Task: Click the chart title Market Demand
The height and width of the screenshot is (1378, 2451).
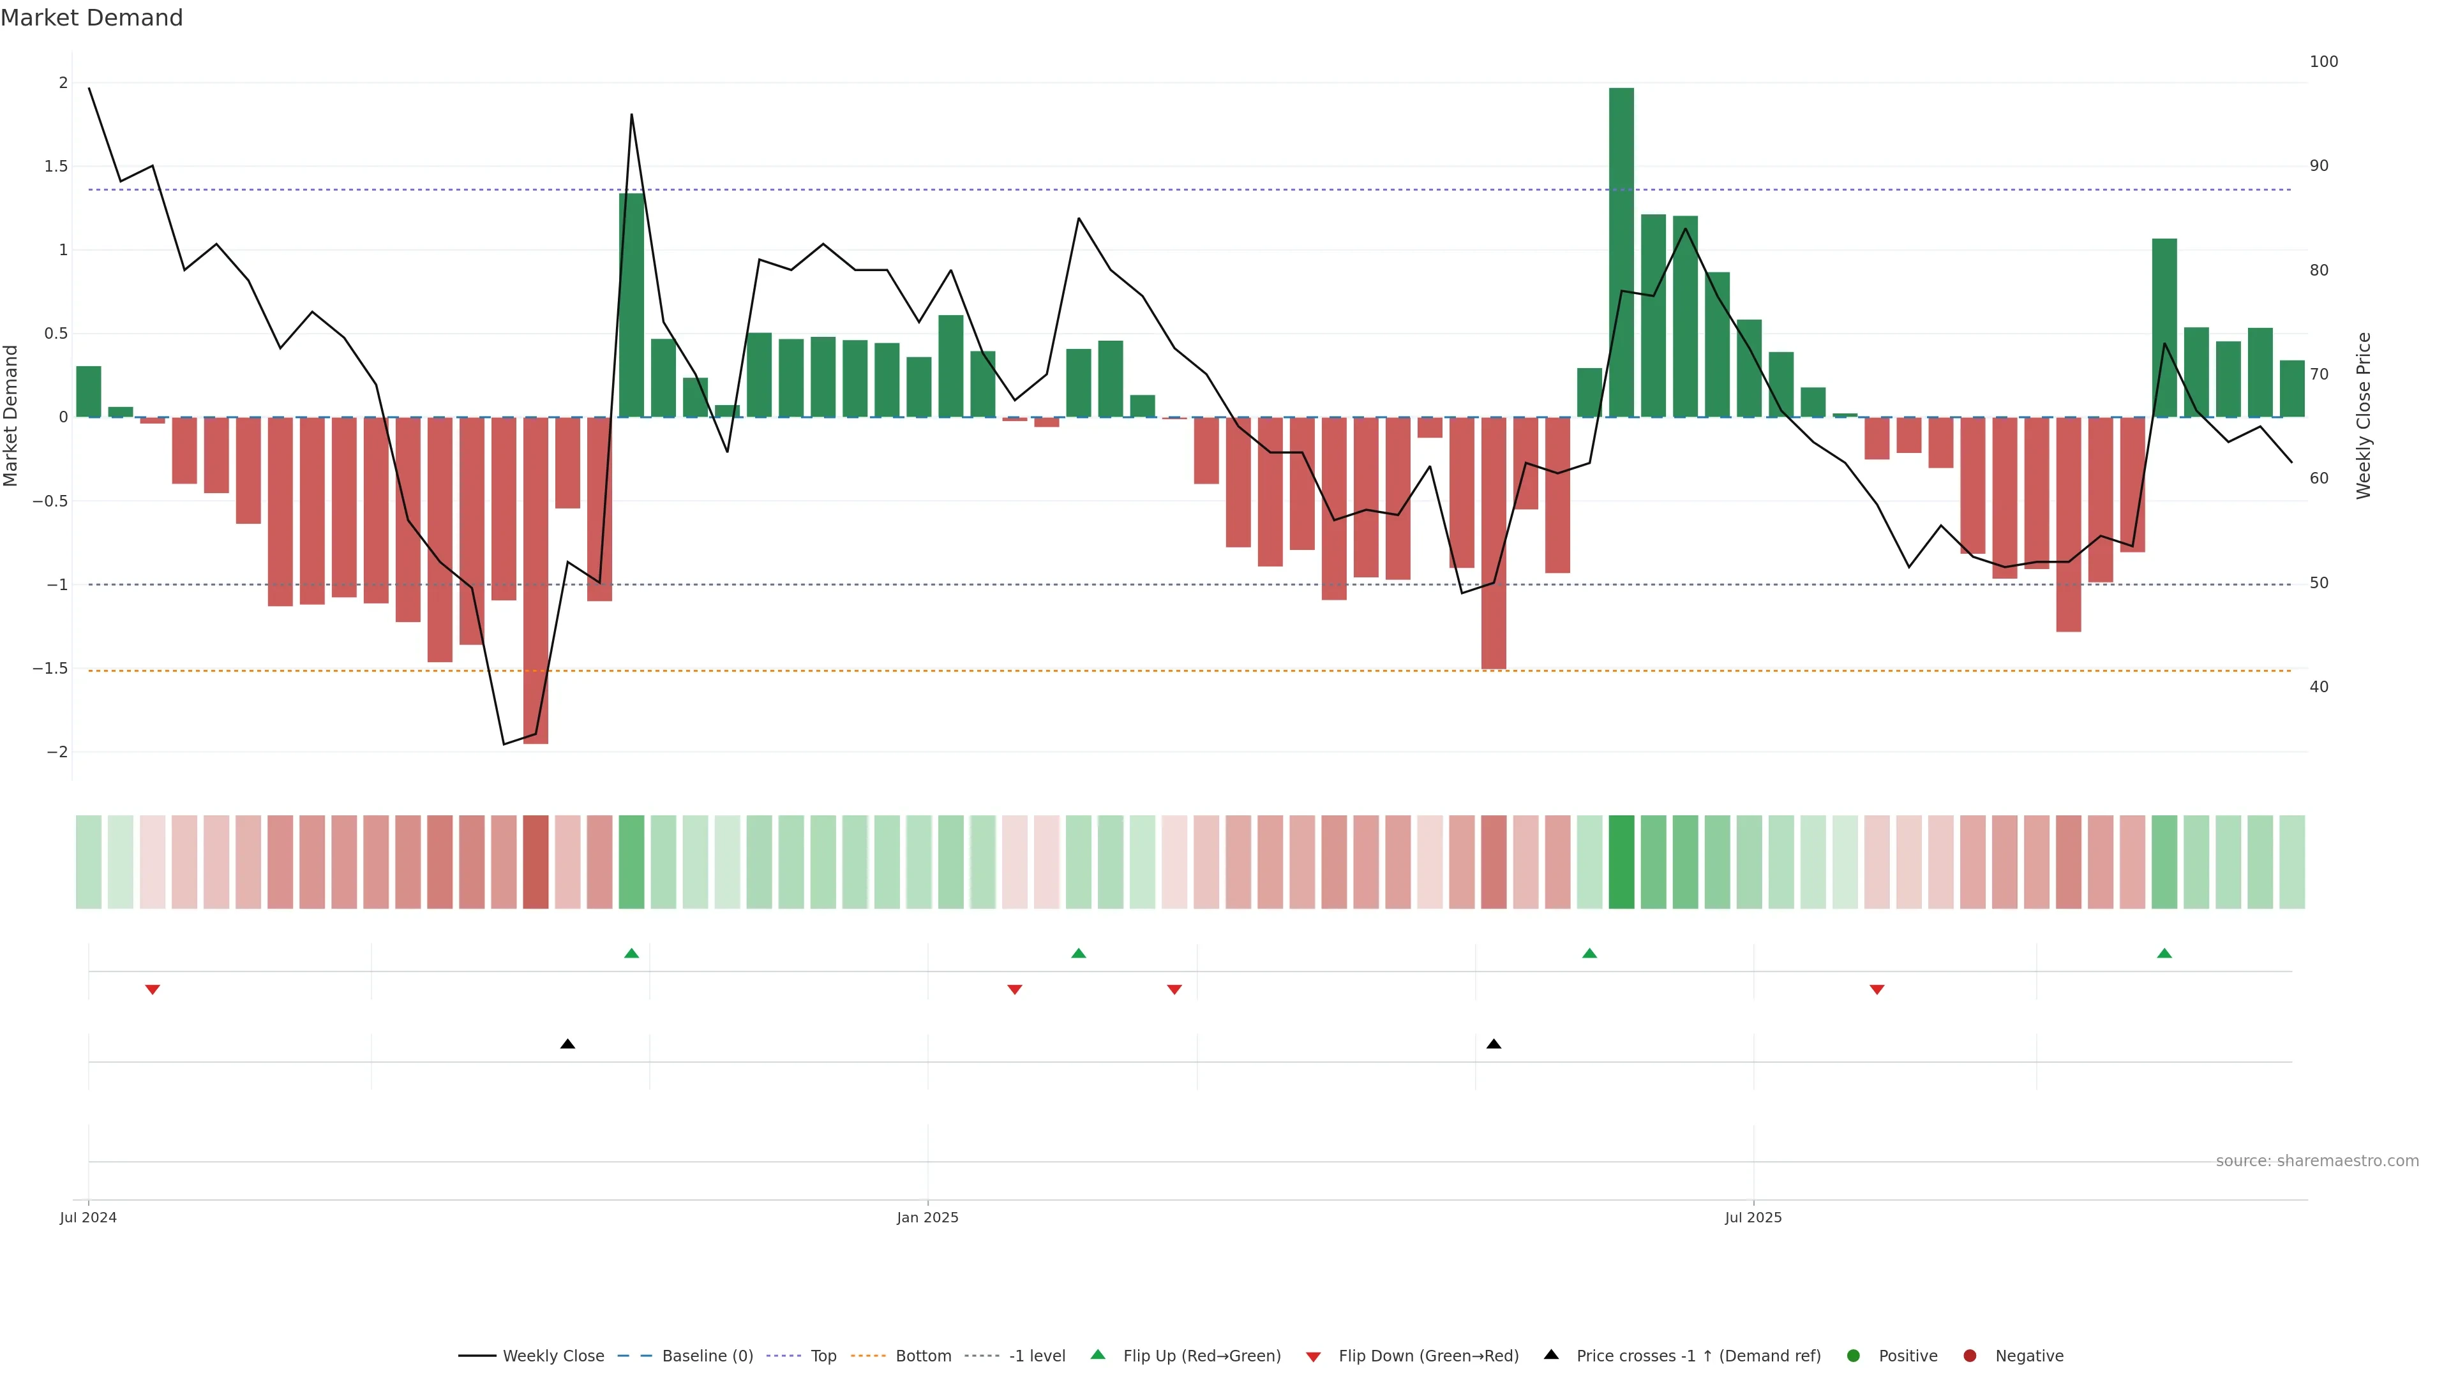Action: (x=91, y=18)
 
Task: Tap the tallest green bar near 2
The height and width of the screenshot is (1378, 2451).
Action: (x=1621, y=252)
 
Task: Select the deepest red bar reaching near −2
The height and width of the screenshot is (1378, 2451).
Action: (x=536, y=580)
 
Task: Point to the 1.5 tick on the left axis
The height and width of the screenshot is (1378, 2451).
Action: (x=56, y=167)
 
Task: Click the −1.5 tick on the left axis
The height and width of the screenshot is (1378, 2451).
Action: (x=50, y=669)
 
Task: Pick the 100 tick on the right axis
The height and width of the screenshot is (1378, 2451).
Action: (x=2323, y=62)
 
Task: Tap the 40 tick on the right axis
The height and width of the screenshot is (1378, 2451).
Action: (x=2319, y=686)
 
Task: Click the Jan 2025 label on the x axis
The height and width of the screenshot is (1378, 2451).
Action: (x=927, y=1217)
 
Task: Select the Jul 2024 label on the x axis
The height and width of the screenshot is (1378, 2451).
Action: (x=89, y=1217)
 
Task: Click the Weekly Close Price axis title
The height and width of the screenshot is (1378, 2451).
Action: (x=2364, y=415)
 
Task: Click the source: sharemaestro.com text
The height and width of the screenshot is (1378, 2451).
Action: (x=2316, y=1161)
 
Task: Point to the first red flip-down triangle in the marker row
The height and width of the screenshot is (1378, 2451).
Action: (x=153, y=990)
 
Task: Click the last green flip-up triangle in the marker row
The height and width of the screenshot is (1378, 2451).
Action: (x=2164, y=953)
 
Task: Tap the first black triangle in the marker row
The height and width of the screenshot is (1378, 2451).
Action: (x=568, y=1044)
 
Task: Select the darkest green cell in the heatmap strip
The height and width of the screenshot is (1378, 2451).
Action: (x=1621, y=862)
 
